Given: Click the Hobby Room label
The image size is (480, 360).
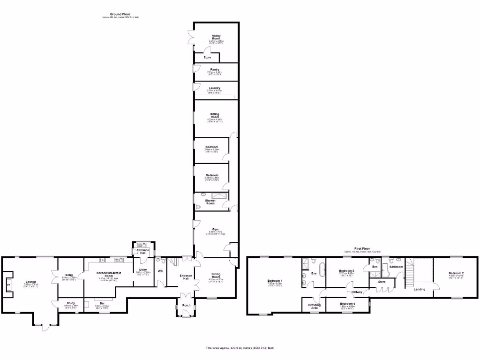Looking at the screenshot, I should pos(216,37).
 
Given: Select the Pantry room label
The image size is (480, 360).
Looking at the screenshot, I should pos(215,69).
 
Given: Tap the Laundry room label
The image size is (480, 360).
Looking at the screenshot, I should pos(215,88).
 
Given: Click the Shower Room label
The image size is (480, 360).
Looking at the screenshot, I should pos(210,202).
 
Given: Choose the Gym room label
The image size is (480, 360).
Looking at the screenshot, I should pos(216,229).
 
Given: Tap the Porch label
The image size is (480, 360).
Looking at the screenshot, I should pos(187,305).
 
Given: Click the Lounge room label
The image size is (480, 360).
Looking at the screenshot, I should pos(31,282).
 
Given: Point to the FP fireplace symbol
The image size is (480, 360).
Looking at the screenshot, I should pos(8,285).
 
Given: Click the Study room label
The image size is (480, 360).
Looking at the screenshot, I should pos(71,303).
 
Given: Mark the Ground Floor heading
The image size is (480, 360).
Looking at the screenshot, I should pos(120,15).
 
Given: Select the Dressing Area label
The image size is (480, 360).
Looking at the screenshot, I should pos(314,306).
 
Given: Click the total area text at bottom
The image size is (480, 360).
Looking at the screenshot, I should pos(240,348).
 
